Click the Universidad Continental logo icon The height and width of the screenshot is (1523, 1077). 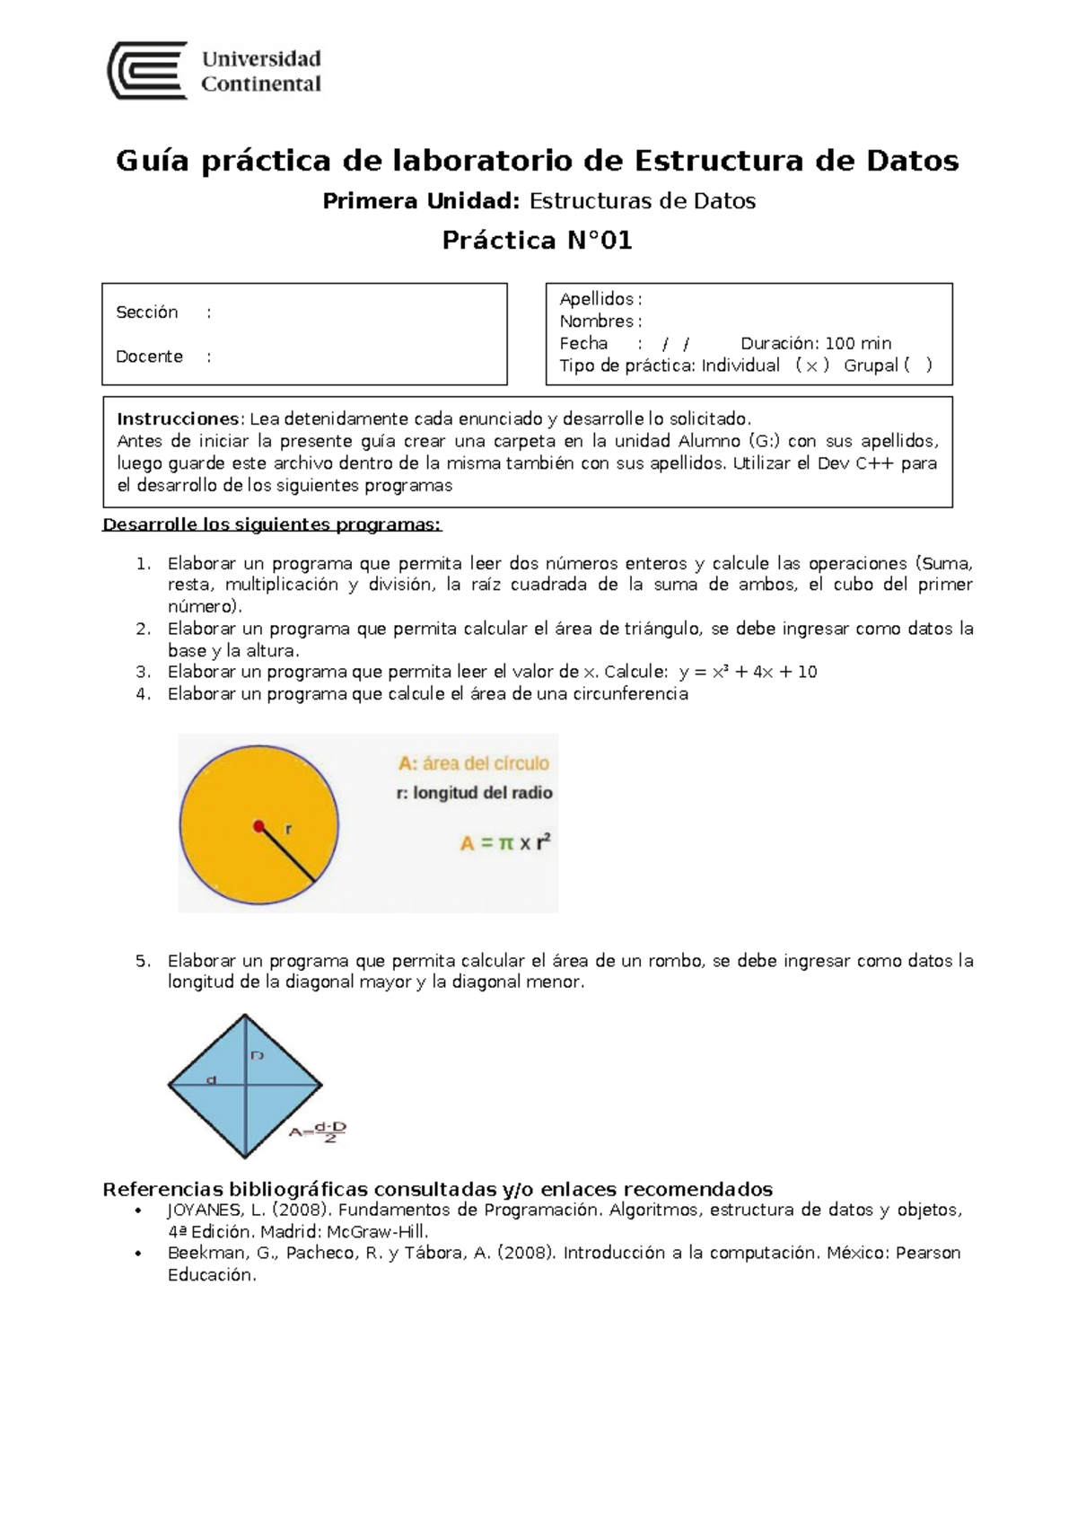[147, 70]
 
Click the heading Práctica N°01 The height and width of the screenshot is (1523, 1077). [537, 241]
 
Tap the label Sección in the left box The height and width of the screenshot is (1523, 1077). [147, 313]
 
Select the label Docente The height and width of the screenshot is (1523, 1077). [149, 357]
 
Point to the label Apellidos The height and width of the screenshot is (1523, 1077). [596, 299]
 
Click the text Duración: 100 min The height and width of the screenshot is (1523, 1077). [815, 343]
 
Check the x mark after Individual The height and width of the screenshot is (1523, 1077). [811, 365]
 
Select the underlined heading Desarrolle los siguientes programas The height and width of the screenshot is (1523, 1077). [272, 524]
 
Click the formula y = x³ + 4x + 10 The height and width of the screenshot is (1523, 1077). [748, 672]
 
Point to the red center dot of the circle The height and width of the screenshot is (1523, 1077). [258, 825]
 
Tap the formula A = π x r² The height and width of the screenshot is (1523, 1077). [504, 843]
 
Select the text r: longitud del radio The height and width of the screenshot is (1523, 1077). [474, 793]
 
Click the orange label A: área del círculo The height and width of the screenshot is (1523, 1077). [474, 763]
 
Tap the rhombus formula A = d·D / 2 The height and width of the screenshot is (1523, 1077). [318, 1132]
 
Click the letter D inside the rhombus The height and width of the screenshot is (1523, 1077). [257, 1056]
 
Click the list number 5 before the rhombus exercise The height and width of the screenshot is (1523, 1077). [142, 961]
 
